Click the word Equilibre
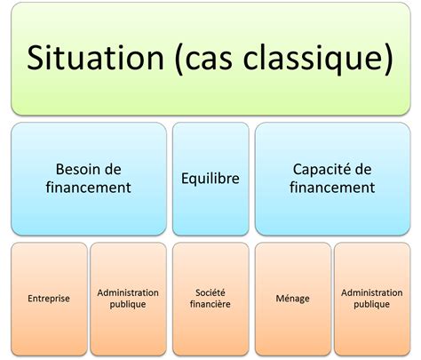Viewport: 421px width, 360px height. [210, 178]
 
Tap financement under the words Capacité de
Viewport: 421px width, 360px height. [333, 188]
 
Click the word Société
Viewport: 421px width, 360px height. [210, 292]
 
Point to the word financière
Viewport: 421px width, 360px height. [210, 305]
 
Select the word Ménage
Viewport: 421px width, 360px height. [292, 299]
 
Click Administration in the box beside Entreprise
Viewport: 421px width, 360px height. [128, 292]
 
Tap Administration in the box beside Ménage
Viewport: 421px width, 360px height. [371, 292]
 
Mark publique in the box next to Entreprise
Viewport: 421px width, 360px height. [128, 305]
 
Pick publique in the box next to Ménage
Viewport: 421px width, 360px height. [371, 305]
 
